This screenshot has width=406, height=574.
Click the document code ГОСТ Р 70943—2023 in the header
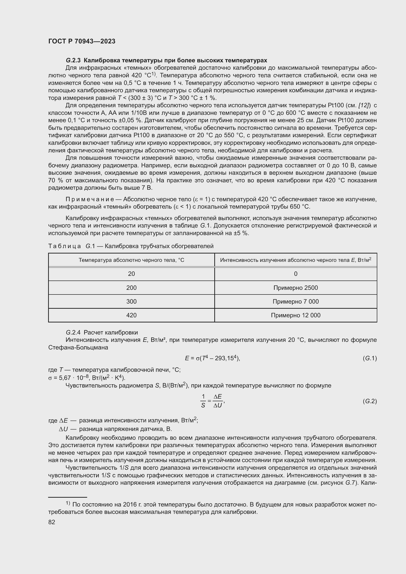[82, 41]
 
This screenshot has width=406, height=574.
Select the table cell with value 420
[131, 315]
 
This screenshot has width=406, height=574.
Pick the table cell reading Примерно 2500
[296, 288]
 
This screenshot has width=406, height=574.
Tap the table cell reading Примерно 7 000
[296, 302]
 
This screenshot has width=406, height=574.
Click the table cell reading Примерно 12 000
[296, 315]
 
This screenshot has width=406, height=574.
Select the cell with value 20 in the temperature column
[131, 274]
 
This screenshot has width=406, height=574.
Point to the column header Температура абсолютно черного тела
[131, 260]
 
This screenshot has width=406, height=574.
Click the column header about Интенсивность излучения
[296, 260]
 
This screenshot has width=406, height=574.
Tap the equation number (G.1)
[369, 358]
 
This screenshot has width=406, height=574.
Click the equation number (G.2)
[369, 401]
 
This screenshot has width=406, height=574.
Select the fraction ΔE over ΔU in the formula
[218, 401]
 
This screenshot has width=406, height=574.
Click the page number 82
[52, 522]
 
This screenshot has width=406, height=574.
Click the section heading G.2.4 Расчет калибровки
[102, 333]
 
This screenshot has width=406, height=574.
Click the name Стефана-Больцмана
[78, 347]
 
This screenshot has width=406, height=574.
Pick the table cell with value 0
[296, 274]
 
